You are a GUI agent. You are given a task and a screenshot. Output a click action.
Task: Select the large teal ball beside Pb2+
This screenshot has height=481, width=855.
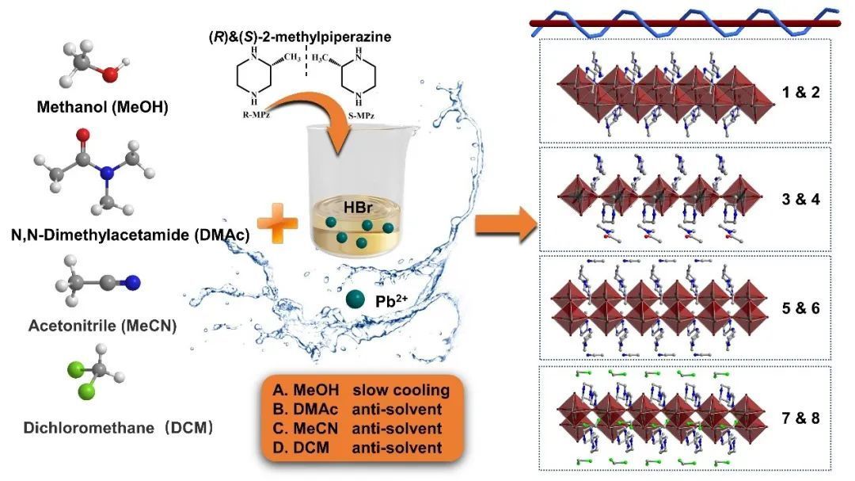(359, 299)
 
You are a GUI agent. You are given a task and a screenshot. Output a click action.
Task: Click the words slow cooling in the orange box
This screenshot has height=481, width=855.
(401, 390)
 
